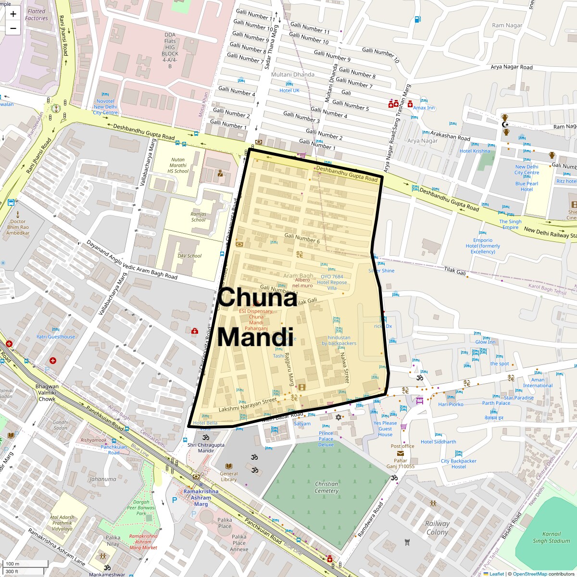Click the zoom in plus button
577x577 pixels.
click(13, 14)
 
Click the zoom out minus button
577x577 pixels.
click(13, 28)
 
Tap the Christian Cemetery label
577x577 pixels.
click(326, 487)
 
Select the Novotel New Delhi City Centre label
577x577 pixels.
click(105, 107)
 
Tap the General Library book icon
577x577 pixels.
click(229, 466)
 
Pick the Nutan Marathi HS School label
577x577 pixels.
click(178, 165)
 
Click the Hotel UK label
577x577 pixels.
click(289, 90)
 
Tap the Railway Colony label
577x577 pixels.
click(437, 527)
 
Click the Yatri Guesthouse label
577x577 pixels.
click(56, 337)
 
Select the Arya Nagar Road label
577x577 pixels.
click(512, 67)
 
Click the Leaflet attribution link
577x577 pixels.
click(496, 574)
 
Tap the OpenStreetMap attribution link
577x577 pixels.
click(529, 574)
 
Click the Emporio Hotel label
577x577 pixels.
click(483, 246)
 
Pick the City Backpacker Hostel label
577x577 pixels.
click(459, 464)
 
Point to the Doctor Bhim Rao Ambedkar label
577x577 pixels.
click(18, 227)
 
